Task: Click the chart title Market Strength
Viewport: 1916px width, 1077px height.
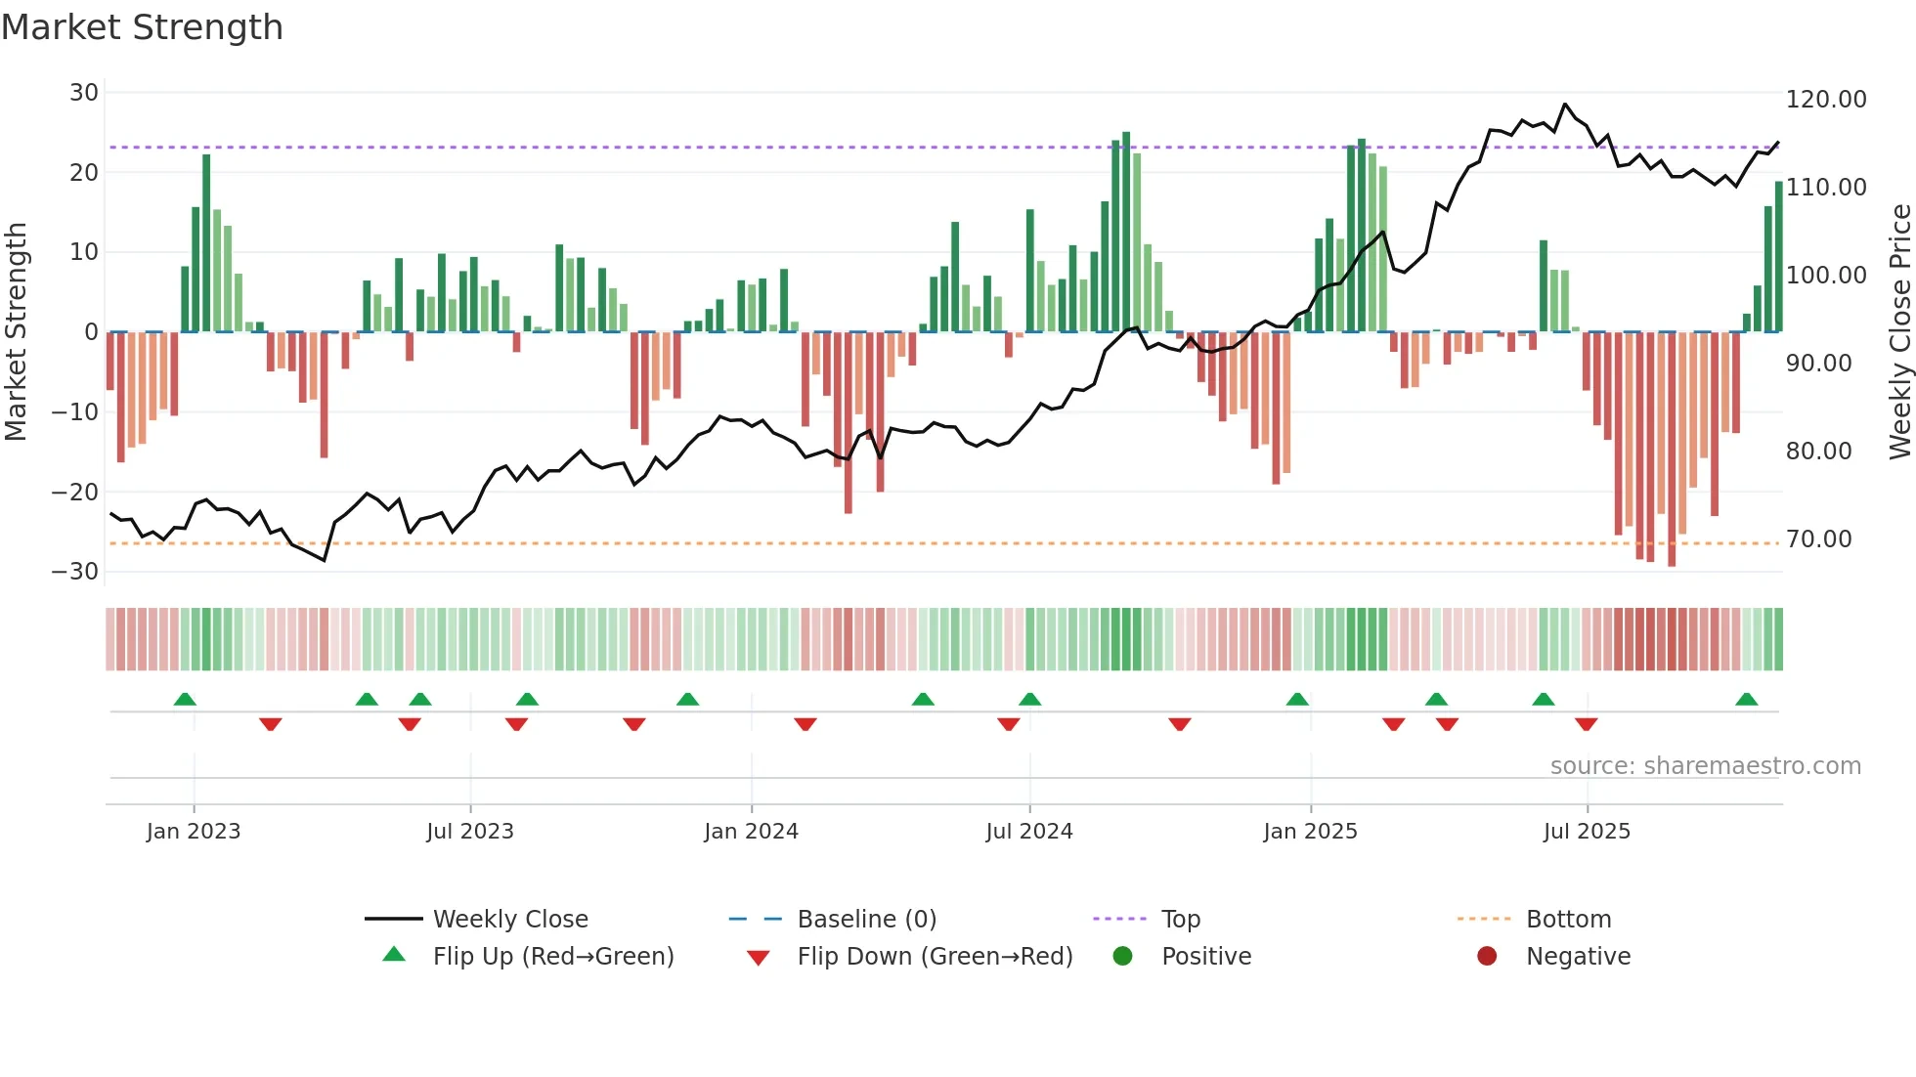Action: click(142, 27)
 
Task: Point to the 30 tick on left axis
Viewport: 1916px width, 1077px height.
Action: click(84, 93)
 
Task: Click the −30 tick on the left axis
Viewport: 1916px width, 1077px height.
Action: click(75, 572)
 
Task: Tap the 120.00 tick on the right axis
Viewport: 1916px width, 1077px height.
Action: click(1825, 100)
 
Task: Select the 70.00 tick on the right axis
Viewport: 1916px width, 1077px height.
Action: click(1818, 539)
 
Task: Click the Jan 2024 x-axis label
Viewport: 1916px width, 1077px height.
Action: click(751, 832)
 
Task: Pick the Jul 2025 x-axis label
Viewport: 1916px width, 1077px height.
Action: click(1587, 832)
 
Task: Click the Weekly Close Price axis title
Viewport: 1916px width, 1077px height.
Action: click(1899, 332)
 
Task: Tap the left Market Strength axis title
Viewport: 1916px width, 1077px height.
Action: click(17, 332)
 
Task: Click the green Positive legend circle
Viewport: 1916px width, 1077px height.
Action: click(1122, 957)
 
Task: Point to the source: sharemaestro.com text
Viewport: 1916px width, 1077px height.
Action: click(1705, 766)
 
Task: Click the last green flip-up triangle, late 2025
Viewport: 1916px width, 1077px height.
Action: click(1746, 700)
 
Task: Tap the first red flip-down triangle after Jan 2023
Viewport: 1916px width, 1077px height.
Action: click(271, 724)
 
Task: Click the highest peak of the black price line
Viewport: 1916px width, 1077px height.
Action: click(1565, 104)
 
